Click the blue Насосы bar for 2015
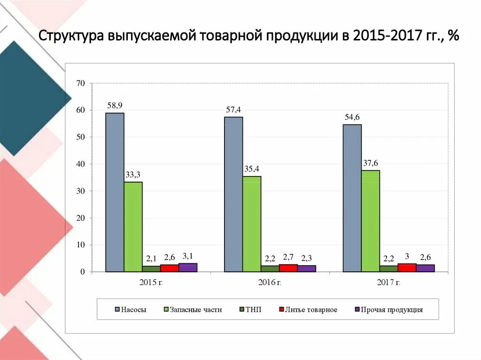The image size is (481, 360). pyautogui.click(x=115, y=192)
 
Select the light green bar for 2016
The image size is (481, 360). pyautogui.click(x=252, y=224)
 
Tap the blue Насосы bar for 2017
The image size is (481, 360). pyautogui.click(x=352, y=198)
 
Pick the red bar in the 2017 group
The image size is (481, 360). pyautogui.click(x=407, y=268)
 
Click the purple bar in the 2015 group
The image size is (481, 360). pyautogui.click(x=188, y=268)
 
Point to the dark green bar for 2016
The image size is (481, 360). pyautogui.click(x=270, y=268)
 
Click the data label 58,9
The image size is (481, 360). pyautogui.click(x=115, y=106)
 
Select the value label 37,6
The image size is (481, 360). pyautogui.click(x=370, y=163)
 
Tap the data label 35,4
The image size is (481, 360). pyautogui.click(x=251, y=169)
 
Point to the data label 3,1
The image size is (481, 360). pyautogui.click(x=187, y=256)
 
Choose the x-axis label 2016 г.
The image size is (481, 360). pyautogui.click(x=270, y=282)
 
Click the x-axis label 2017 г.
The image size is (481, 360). pyautogui.click(x=388, y=282)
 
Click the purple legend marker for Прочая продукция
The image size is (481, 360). pyautogui.click(x=357, y=310)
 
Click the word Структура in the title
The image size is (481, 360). pyautogui.click(x=71, y=37)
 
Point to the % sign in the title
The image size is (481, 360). pyautogui.click(x=453, y=37)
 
